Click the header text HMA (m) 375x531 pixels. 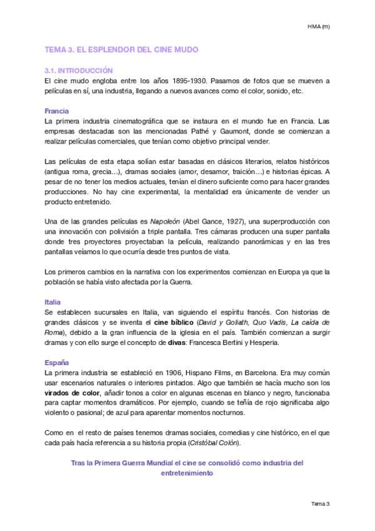[318, 26]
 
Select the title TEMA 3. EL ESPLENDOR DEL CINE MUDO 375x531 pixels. [122, 49]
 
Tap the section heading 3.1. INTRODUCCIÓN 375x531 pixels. [78, 71]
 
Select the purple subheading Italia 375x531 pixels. [53, 302]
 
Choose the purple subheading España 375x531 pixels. [56, 363]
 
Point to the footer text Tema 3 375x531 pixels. [320, 503]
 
